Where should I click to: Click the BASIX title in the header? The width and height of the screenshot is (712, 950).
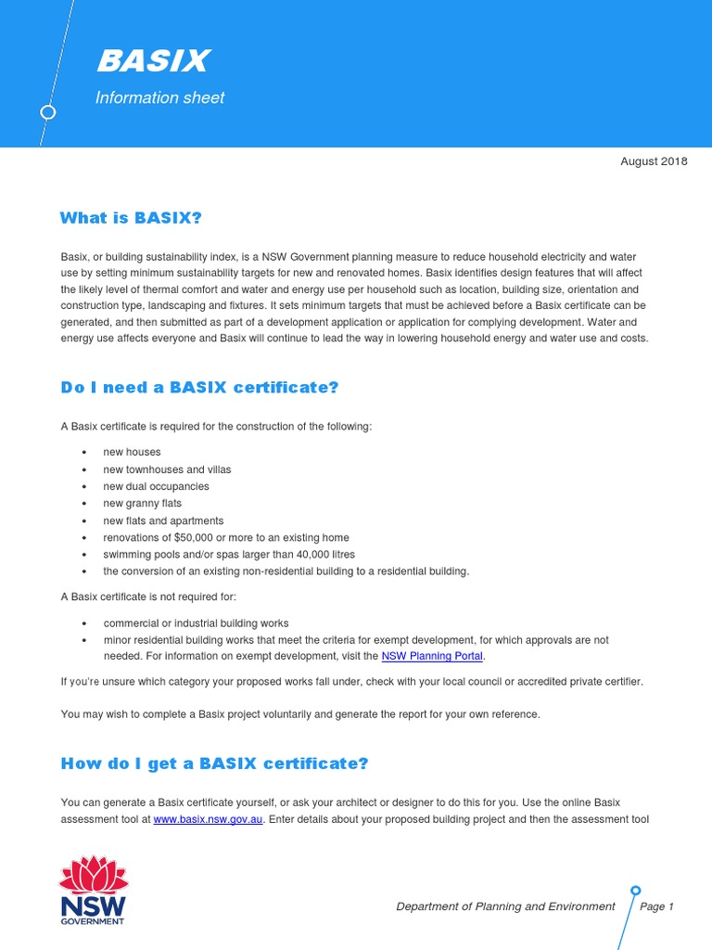point(153,61)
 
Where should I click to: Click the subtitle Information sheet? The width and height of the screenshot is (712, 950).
point(159,98)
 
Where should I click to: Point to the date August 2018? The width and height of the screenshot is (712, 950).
point(654,161)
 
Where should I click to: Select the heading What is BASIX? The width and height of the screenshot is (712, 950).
point(131,218)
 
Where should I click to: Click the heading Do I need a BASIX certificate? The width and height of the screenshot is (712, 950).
point(199,388)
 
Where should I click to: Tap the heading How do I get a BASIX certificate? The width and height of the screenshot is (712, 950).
point(214,764)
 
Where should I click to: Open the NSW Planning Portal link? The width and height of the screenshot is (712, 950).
point(433,657)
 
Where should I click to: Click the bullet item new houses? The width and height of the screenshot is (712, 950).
point(132,452)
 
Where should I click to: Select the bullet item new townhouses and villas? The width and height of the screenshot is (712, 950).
point(167,469)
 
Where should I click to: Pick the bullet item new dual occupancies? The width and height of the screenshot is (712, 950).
point(156,486)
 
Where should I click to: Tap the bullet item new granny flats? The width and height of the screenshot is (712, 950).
point(142,504)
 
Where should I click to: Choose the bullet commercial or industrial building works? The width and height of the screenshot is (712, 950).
point(196,623)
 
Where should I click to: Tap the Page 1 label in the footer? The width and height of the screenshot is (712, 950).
point(656,906)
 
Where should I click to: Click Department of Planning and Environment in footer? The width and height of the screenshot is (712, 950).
point(505,906)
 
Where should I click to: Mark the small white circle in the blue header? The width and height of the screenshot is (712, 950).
point(48,112)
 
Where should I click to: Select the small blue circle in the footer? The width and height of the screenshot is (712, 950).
point(635,892)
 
